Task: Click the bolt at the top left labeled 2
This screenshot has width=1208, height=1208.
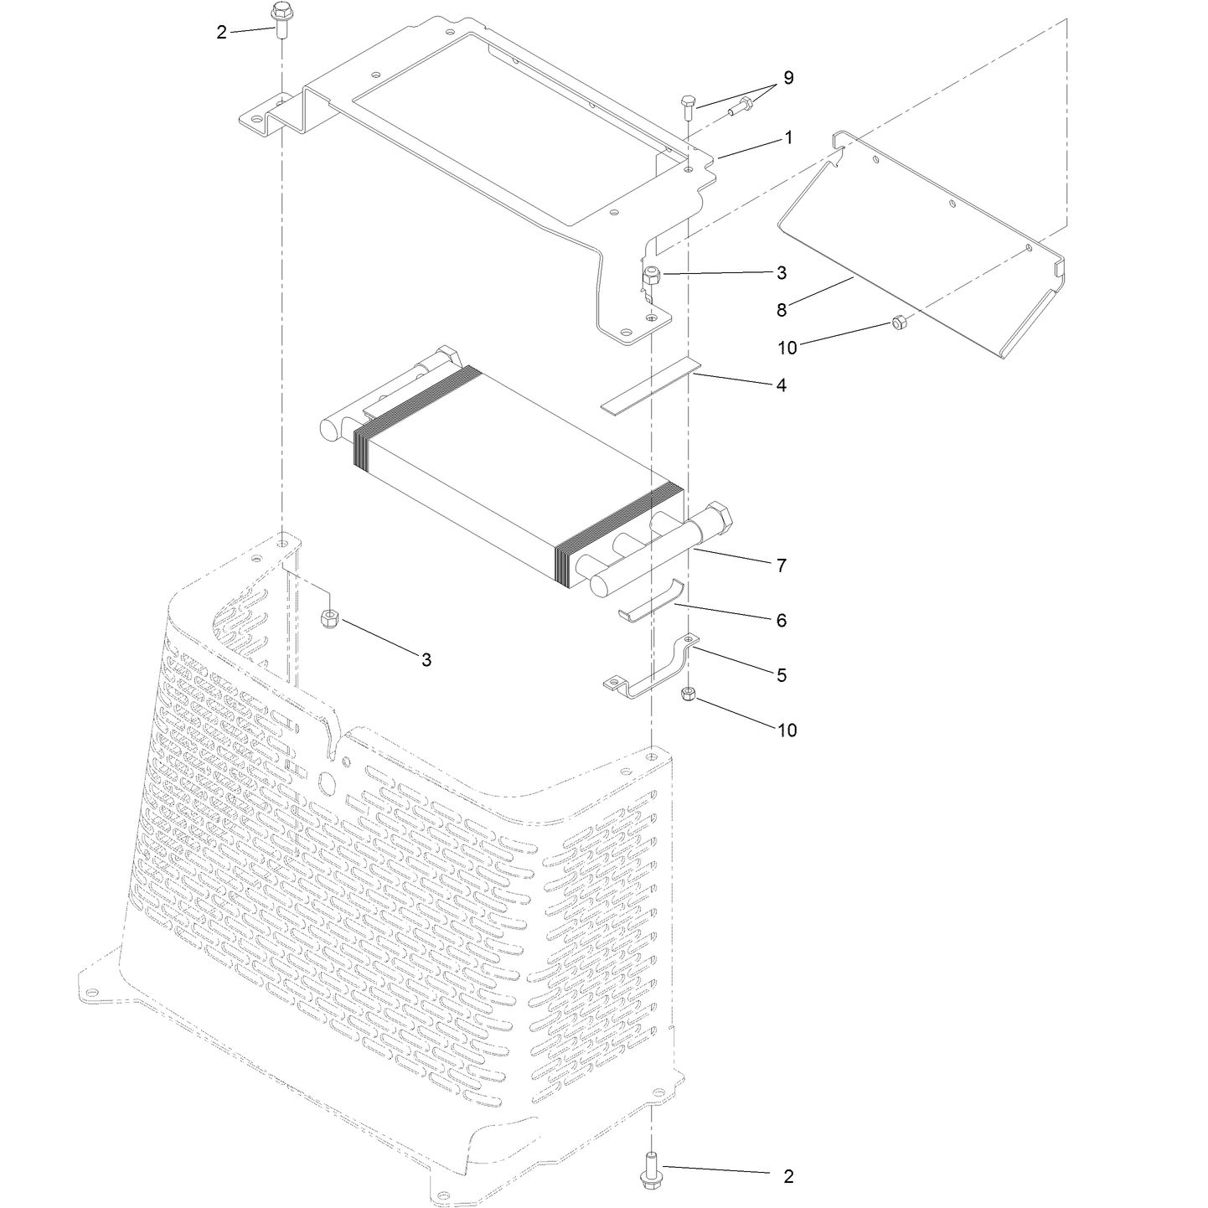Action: (x=280, y=20)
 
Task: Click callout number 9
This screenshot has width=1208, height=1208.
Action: (x=788, y=78)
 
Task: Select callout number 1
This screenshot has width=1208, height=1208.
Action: (x=788, y=138)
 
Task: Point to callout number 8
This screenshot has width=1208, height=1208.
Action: (x=782, y=310)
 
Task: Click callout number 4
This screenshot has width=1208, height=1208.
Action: (x=781, y=385)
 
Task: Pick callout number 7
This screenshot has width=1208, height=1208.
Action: (x=781, y=565)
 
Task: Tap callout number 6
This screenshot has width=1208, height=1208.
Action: (x=781, y=620)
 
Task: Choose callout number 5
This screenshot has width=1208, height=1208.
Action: (x=781, y=675)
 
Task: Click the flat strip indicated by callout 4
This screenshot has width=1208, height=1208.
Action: (x=650, y=386)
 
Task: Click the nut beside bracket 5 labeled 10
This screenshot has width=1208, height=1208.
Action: (x=688, y=694)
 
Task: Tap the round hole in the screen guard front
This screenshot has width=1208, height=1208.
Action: (x=328, y=782)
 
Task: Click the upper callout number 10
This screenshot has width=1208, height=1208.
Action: (x=787, y=348)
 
